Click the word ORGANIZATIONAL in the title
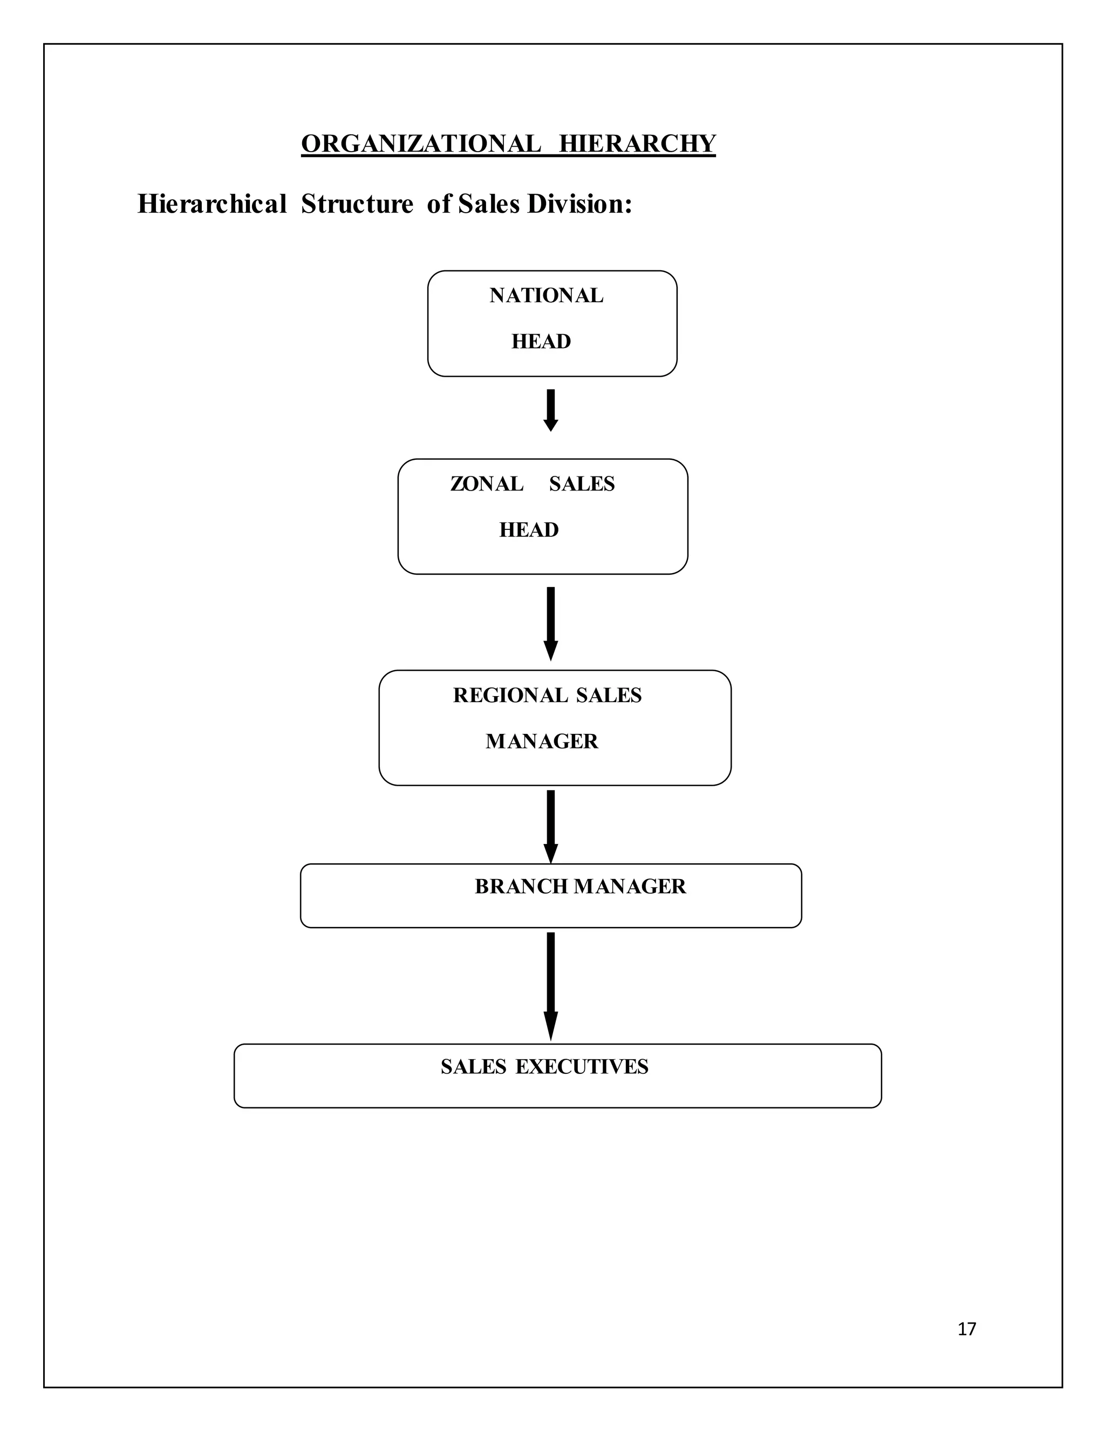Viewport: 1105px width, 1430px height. click(x=421, y=144)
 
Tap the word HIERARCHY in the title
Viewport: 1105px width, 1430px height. click(x=637, y=144)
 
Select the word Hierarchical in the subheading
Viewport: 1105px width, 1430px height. click(x=212, y=205)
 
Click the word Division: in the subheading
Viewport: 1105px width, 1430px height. click(x=580, y=205)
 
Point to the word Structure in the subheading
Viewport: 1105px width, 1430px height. click(x=357, y=205)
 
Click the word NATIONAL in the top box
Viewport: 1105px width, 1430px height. click(x=546, y=296)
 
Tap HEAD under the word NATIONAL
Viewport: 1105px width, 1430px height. click(x=541, y=342)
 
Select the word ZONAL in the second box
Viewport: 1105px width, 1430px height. click(x=486, y=484)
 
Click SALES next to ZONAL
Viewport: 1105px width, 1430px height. click(x=582, y=484)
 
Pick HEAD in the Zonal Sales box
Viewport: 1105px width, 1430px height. click(x=529, y=530)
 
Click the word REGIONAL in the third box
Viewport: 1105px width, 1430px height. click(x=510, y=696)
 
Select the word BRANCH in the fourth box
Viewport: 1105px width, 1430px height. click(x=521, y=887)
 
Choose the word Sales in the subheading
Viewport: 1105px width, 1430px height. click(x=490, y=205)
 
